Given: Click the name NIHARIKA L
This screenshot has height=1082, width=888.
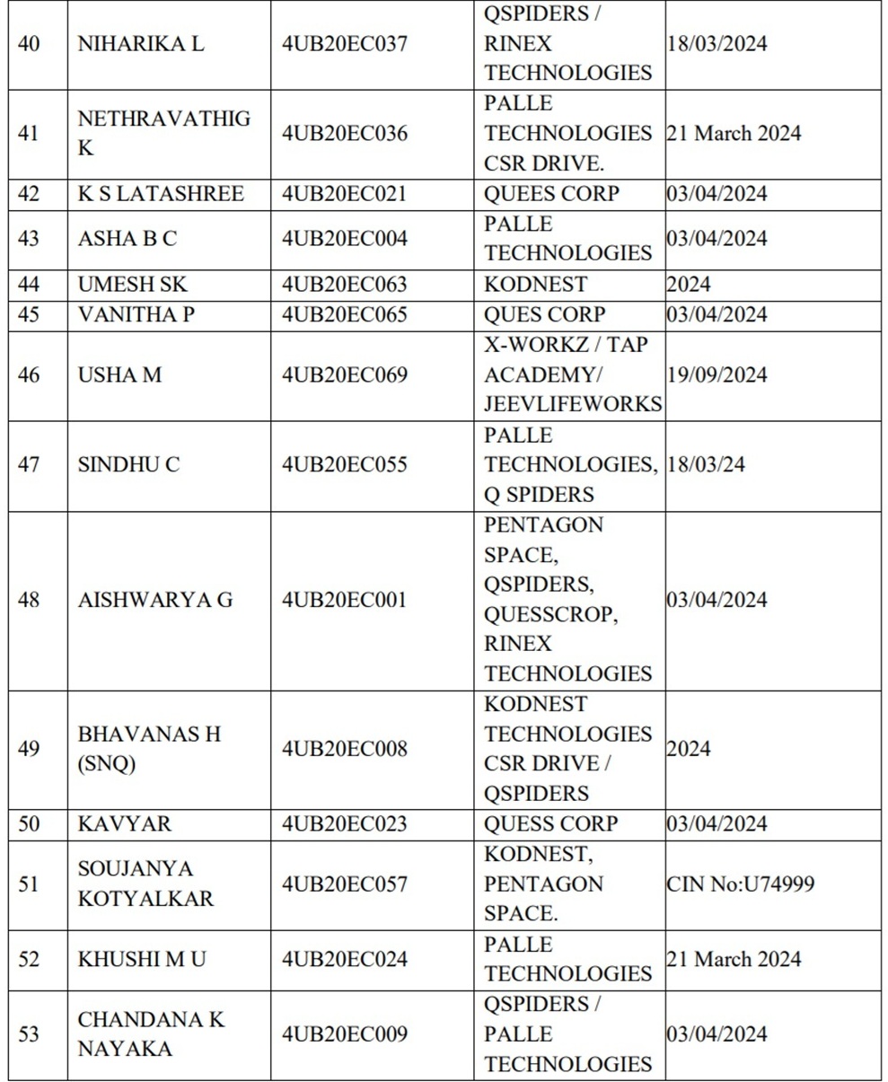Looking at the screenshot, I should click(141, 43).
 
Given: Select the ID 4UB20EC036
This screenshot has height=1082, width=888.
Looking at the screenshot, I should click(344, 133).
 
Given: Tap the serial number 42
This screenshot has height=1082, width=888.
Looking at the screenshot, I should click(29, 194).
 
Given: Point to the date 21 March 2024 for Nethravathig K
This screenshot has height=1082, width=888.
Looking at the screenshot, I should click(734, 133).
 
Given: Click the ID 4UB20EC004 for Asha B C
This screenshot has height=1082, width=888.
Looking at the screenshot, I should click(344, 238).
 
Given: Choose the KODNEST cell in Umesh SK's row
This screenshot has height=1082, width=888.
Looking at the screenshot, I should click(535, 285).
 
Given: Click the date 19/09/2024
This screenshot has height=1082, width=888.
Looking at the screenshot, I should click(717, 374).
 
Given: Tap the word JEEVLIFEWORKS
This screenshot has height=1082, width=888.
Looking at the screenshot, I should click(573, 404).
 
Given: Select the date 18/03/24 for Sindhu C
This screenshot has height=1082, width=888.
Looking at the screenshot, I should click(705, 464).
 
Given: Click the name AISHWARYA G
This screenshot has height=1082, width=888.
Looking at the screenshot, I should click(155, 599).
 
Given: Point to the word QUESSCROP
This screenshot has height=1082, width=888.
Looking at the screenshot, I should click(550, 614).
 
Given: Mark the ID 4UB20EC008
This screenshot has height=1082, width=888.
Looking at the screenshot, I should click(344, 748).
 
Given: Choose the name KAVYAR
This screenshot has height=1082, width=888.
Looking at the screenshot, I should click(124, 823).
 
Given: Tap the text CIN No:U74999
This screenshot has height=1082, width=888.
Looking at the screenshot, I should click(740, 884).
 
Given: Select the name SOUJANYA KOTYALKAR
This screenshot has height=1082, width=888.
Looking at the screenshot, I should click(145, 884).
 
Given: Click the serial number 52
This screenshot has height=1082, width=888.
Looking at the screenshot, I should click(29, 959).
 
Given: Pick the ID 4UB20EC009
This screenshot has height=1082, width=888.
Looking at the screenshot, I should click(344, 1034).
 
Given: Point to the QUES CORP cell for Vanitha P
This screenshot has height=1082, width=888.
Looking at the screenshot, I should click(544, 314).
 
